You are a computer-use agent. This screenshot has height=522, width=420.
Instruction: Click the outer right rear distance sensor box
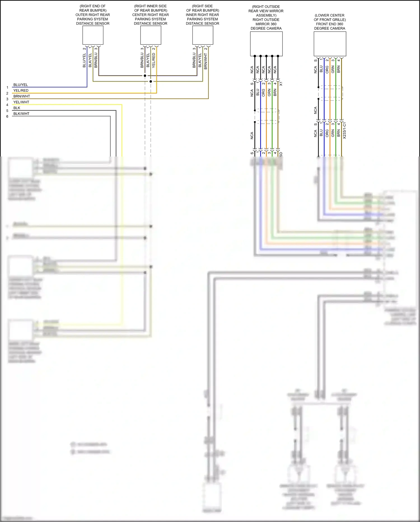coord(93,35)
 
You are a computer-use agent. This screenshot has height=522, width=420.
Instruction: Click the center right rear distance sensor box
coord(151,35)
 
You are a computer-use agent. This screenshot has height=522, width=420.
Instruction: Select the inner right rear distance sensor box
coord(203,35)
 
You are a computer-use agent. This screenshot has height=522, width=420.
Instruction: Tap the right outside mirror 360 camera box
coord(266,44)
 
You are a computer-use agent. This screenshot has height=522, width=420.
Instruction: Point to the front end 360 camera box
coord(330,44)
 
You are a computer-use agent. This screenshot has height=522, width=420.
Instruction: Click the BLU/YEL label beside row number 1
coord(21,85)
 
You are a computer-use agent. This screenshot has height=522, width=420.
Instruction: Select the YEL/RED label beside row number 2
coord(21,91)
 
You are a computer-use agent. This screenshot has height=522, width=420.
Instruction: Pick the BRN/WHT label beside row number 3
coord(22,96)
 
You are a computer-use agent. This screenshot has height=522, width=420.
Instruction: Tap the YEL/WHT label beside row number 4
coord(21,102)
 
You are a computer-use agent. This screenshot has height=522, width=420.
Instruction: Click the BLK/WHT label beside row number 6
coord(21,114)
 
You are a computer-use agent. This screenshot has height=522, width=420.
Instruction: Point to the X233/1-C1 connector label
coord(344,130)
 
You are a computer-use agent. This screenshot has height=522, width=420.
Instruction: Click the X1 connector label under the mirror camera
coord(281,84)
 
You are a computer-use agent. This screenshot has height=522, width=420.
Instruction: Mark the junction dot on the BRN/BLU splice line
coord(145,76)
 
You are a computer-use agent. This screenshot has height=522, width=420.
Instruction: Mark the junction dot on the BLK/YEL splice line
coord(151,81)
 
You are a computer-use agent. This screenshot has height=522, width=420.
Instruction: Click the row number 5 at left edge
coord(7,111)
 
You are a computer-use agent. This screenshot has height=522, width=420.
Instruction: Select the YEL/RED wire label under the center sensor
coord(154,60)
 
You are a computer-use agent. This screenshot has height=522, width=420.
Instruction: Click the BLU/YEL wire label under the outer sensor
coord(84,60)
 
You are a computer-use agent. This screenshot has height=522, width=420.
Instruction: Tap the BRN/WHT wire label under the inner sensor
coord(206,61)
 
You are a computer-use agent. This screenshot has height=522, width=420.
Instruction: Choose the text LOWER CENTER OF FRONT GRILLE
coord(330,18)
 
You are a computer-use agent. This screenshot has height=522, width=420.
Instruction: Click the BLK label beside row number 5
coord(17,108)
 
